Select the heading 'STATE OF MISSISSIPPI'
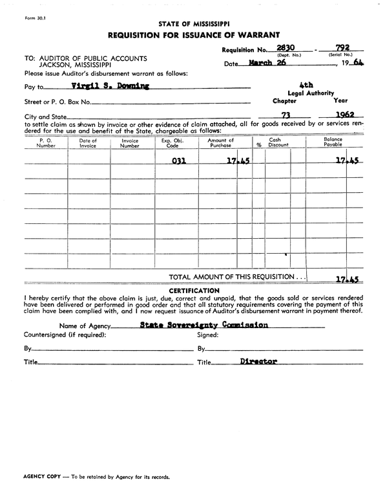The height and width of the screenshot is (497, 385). (x=192, y=23)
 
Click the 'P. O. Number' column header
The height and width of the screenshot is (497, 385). (x=46, y=143)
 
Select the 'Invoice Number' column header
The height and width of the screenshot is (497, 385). (x=130, y=143)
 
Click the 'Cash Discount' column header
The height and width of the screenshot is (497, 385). (x=278, y=143)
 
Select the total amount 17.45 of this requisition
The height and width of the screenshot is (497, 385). (x=347, y=280)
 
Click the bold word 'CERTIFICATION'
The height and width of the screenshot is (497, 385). (x=194, y=291)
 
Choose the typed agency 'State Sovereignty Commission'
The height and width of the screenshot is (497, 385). (x=203, y=325)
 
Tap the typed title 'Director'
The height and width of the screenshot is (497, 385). (x=258, y=362)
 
